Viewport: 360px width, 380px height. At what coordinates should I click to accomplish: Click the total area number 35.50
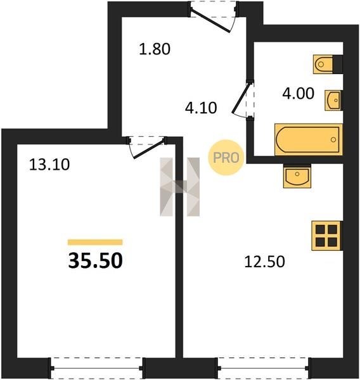point(95,261)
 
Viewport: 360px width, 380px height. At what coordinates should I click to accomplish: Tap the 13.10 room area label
point(49,165)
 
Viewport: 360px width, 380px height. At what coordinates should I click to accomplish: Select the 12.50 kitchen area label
point(264,262)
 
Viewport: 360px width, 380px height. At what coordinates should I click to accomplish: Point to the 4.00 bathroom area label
point(298,94)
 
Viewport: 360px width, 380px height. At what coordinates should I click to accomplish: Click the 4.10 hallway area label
point(201,108)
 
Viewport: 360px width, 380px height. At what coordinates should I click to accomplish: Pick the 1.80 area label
point(155,49)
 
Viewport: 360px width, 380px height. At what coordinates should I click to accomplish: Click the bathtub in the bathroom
point(309,139)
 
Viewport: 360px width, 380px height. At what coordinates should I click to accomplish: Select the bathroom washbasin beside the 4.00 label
point(333,100)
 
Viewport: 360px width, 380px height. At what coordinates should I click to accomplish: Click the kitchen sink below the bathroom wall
point(297,176)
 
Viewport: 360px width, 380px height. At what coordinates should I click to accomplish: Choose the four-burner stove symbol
point(327,236)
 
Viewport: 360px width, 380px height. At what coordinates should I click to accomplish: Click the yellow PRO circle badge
point(226,158)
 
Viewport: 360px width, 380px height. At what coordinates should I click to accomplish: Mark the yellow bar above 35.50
point(95,242)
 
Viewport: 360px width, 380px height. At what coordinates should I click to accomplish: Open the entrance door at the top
point(210,21)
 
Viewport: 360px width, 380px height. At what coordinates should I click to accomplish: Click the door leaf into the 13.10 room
point(148,149)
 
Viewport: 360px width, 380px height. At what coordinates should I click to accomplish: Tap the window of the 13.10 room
point(97,368)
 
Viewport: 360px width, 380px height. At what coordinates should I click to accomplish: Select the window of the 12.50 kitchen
point(264,368)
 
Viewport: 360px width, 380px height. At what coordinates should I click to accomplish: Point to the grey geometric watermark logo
point(180,187)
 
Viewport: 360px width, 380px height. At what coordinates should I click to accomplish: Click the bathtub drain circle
point(333,139)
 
